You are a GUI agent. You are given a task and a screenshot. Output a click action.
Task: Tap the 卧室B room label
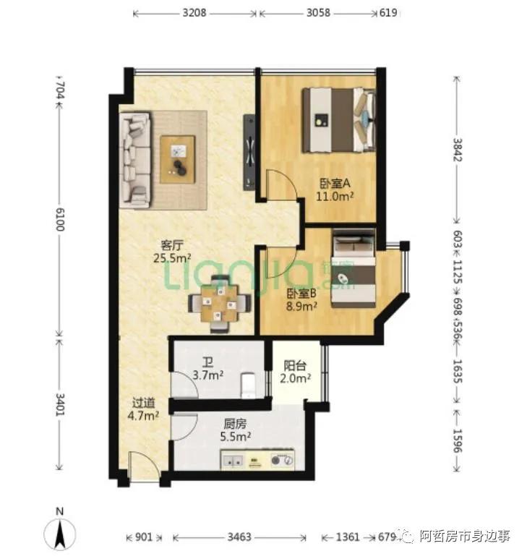[302, 299]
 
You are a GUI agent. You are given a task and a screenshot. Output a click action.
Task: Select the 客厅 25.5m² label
[171, 251]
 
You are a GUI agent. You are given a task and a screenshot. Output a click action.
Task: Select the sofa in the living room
[136, 158]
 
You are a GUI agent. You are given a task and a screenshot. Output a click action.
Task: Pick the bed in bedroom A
[339, 120]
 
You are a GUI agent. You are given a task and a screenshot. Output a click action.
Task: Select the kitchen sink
[233, 459]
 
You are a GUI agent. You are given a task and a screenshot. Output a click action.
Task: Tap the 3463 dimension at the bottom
[239, 537]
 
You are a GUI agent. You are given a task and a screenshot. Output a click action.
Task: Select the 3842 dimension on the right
[457, 151]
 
